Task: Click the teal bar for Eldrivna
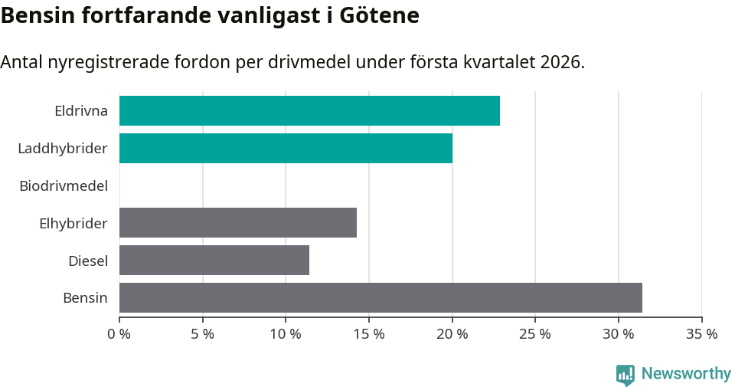[309, 110]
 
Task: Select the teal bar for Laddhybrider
[286, 148]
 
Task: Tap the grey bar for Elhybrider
[238, 223]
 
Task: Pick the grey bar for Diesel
[214, 261]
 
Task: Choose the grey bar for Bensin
[381, 297]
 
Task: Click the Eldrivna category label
[81, 110]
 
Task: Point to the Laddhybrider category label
[63, 148]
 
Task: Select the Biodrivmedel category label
[64, 185]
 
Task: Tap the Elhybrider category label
[73, 223]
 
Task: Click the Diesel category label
[88, 261]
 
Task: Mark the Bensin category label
[85, 297]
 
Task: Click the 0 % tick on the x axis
[119, 334]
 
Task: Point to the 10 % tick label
[286, 334]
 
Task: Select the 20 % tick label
[452, 334]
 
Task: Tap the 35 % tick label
[701, 334]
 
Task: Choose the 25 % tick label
[535, 334]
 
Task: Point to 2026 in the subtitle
[560, 62]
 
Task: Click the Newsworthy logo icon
[626, 374]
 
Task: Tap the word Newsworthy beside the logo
[686, 374]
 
